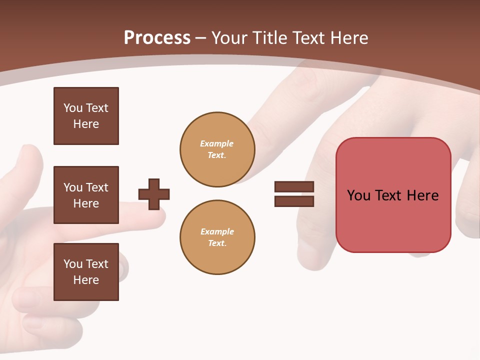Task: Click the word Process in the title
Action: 157,38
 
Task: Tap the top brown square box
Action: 86,116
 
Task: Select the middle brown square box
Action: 86,195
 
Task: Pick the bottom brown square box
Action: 86,272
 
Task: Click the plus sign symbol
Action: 154,194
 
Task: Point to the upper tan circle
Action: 217,149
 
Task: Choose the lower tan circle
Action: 217,237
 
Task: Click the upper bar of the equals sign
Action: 294,186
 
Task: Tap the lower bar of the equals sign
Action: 294,201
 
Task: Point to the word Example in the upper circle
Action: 217,143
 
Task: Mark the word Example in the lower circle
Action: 217,231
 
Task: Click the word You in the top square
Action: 72,108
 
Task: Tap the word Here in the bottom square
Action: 86,280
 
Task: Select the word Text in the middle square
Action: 96,187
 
